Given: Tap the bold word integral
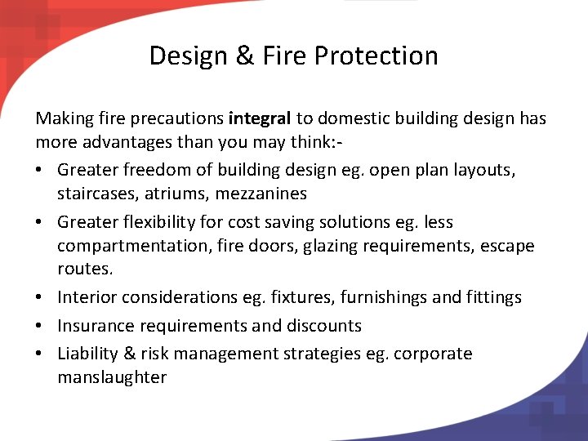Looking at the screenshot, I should pyautogui.click(x=260, y=118).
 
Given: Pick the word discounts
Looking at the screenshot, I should pyautogui.click(x=323, y=326).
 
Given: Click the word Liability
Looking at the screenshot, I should pyautogui.click(x=87, y=354).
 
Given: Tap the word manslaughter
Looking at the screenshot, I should pyautogui.click(x=112, y=377).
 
